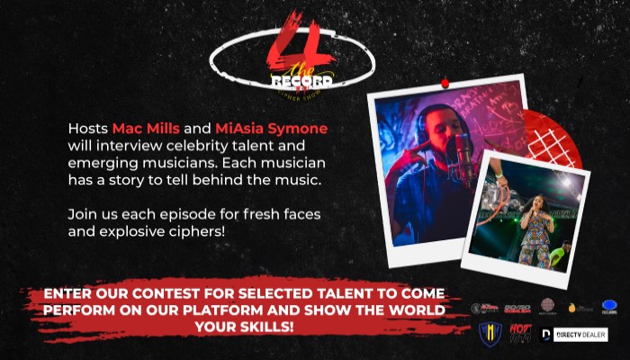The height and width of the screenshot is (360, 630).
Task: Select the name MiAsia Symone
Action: (x=272, y=129)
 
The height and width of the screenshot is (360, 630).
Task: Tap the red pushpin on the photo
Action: (x=443, y=84)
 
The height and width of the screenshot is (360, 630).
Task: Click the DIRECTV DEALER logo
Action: (x=577, y=335)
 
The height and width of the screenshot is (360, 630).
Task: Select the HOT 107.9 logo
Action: (x=521, y=334)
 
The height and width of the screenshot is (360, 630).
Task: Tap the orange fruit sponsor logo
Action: (x=573, y=308)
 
